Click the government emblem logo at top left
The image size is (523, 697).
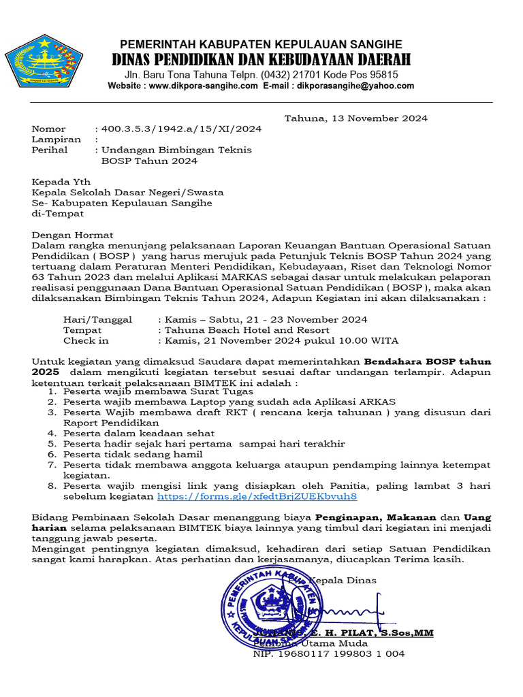44,61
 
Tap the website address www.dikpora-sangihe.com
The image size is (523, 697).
203,86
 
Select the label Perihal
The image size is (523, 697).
50,150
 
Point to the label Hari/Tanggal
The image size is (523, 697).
97,319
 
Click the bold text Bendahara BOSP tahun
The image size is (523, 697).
427,361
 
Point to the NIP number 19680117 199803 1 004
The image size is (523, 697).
328,653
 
